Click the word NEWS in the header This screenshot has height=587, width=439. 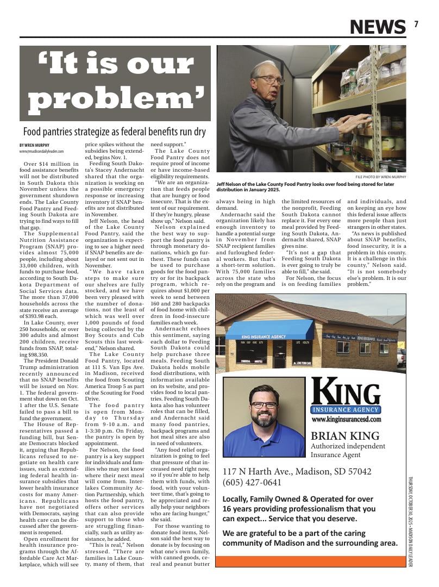click(x=377, y=26)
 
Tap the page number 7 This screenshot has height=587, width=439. click(x=416, y=24)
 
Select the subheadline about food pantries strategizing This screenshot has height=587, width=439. click(x=114, y=132)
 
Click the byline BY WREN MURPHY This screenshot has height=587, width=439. click(x=35, y=145)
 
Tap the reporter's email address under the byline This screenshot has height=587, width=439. click(x=41, y=151)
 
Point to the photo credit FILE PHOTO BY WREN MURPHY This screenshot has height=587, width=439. click(x=380, y=177)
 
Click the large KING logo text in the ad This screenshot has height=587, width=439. click(x=346, y=393)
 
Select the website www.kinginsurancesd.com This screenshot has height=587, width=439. click(x=346, y=420)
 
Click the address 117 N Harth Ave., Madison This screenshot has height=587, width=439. click(x=297, y=471)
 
